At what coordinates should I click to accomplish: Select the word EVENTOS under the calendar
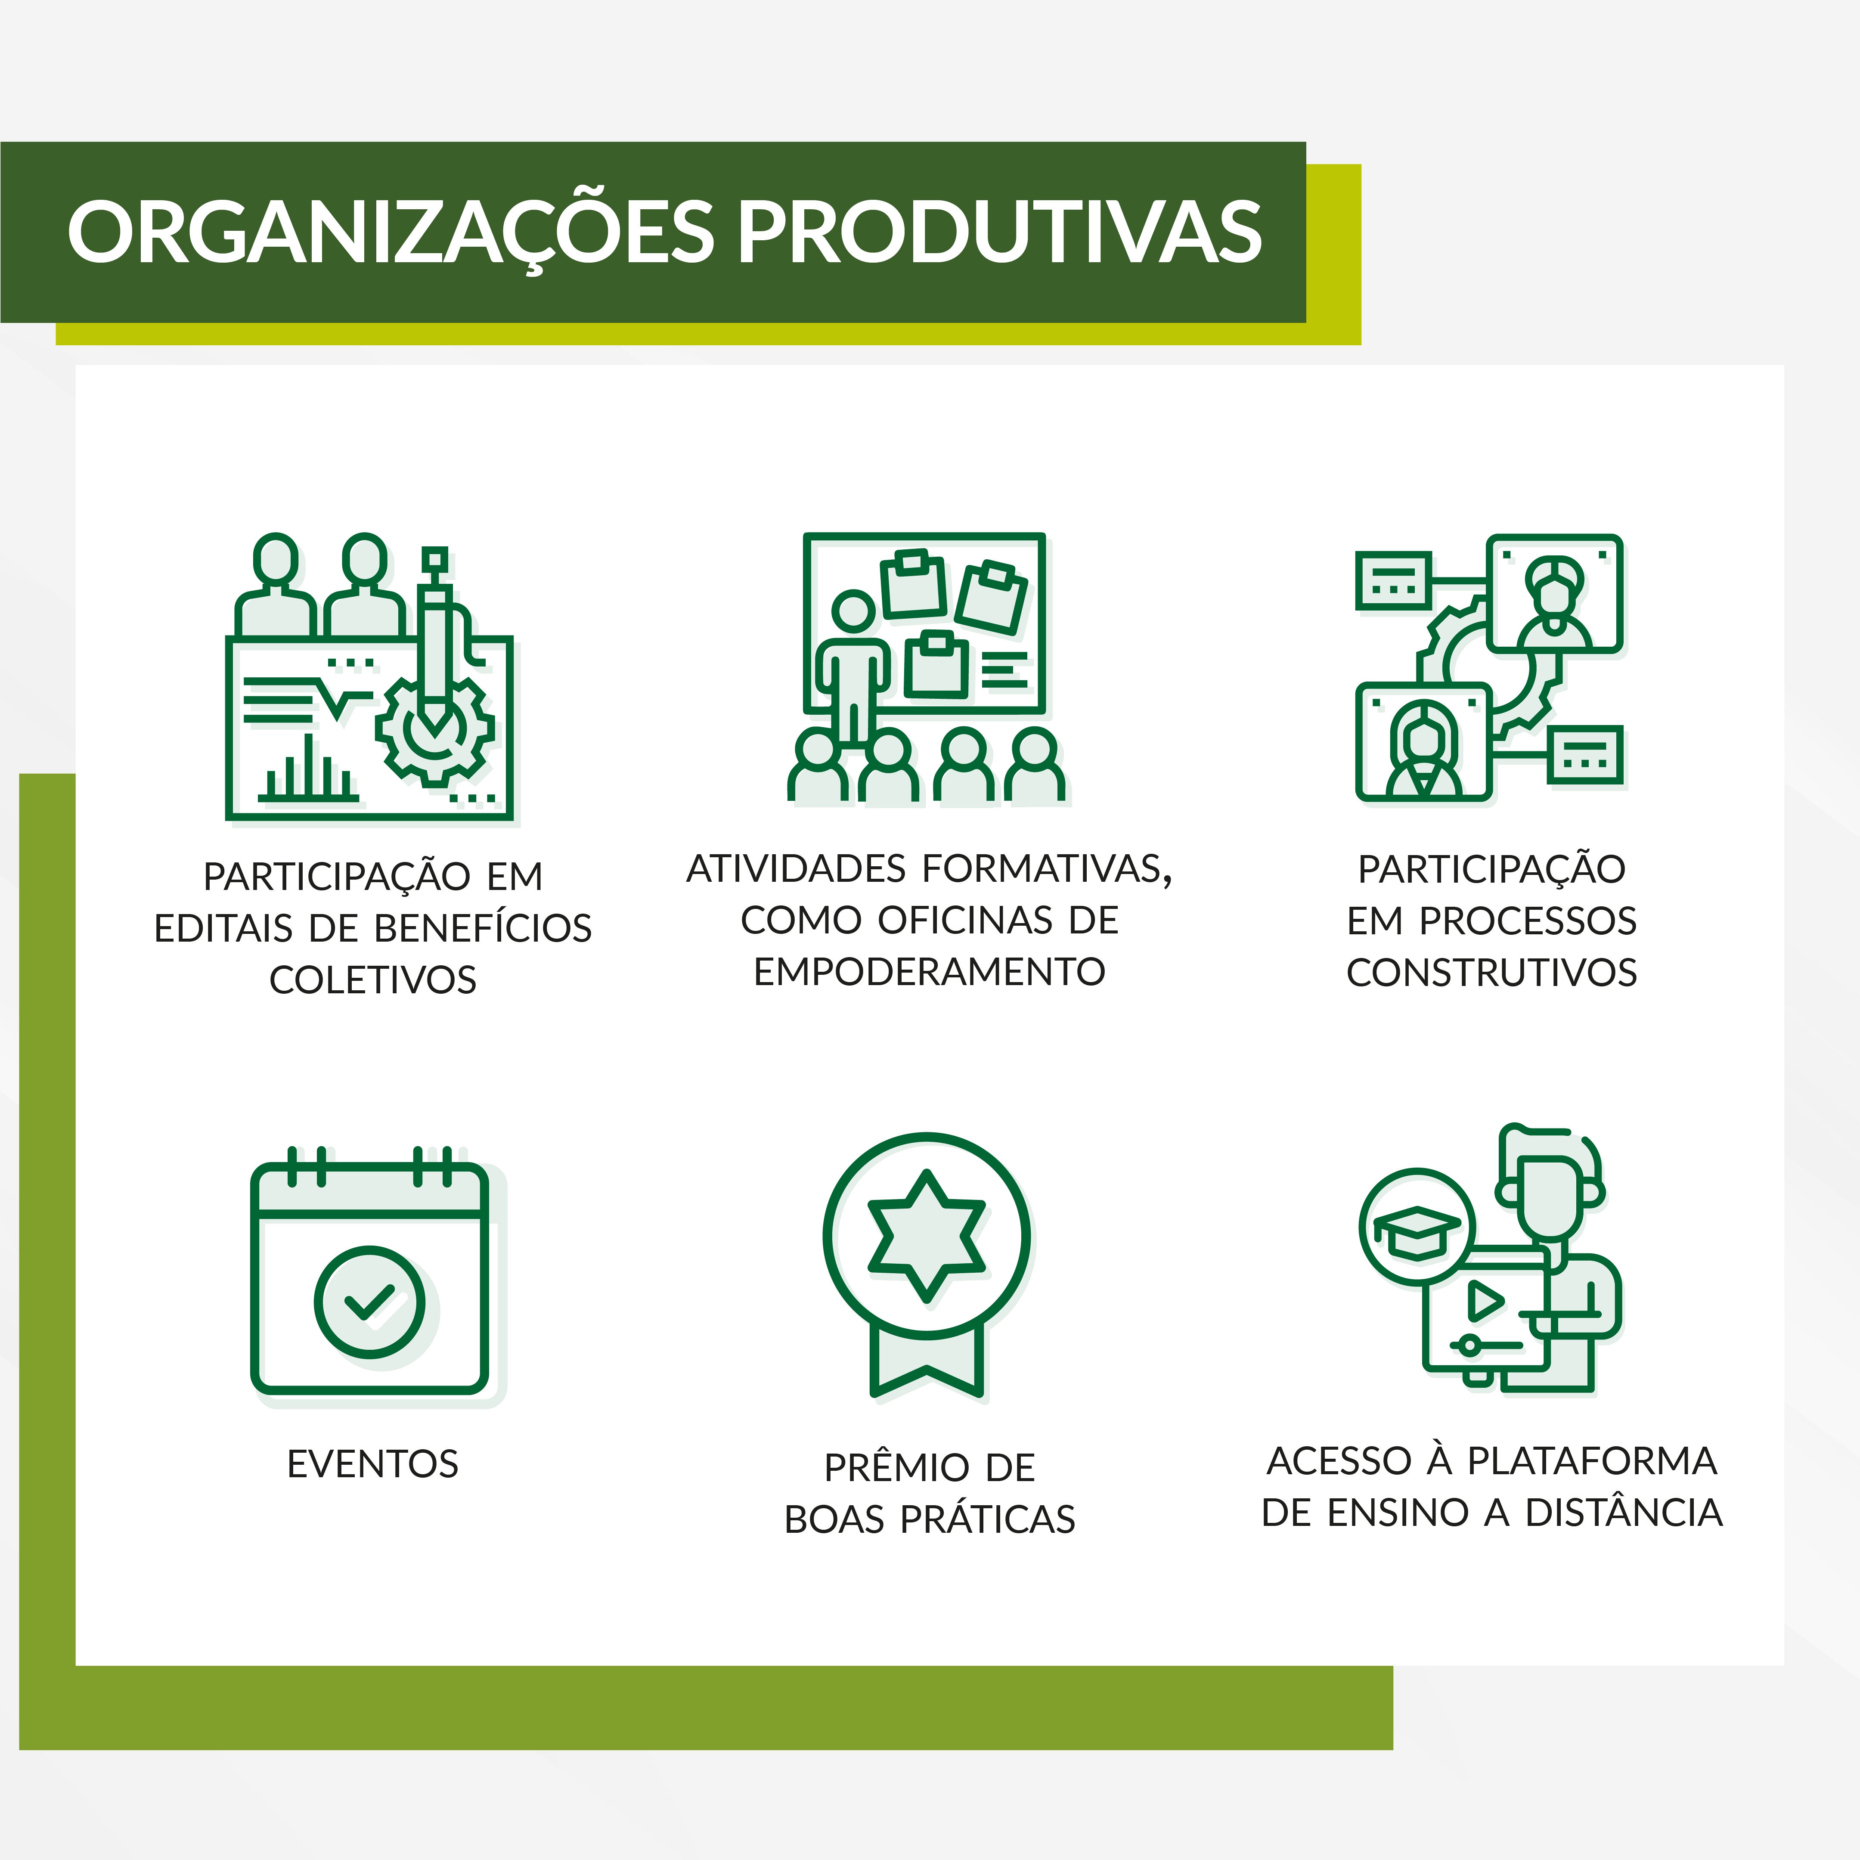pyautogui.click(x=372, y=1463)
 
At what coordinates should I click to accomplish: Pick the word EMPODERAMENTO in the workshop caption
pyautogui.click(x=929, y=971)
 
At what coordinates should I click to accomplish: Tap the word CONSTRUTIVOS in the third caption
pyautogui.click(x=1491, y=972)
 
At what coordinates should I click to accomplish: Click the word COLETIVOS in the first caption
pyautogui.click(x=372, y=980)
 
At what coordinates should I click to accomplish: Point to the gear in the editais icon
pyautogui.click(x=435, y=729)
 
